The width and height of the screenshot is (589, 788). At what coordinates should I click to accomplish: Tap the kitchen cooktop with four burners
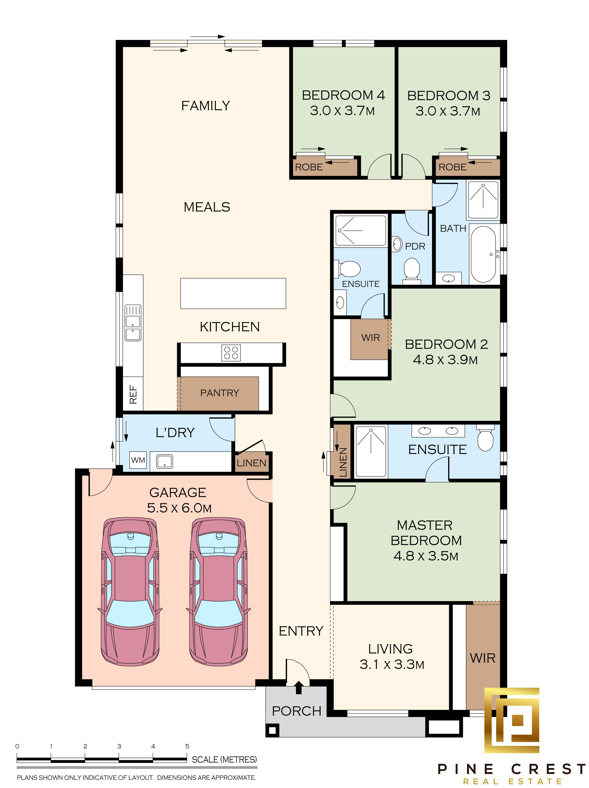tap(231, 353)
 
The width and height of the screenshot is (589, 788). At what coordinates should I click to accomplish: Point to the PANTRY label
tap(220, 393)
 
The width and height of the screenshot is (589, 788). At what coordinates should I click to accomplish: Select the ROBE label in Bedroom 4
tap(309, 167)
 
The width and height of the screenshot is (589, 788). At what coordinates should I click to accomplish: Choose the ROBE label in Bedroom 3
tap(452, 167)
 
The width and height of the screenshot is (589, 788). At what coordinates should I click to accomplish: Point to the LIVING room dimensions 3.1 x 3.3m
tap(392, 664)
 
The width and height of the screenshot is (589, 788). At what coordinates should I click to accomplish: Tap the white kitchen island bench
tap(233, 293)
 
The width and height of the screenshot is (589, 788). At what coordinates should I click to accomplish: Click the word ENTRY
tap(301, 631)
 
